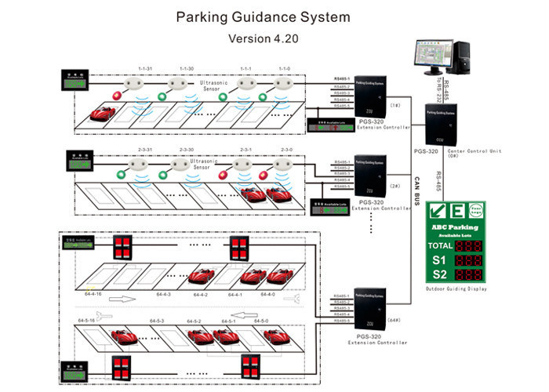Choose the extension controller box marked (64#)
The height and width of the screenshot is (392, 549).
pos(369,311)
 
